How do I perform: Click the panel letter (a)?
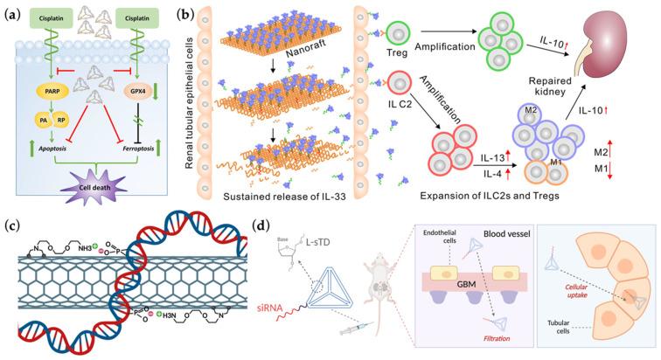[x=11, y=12]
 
